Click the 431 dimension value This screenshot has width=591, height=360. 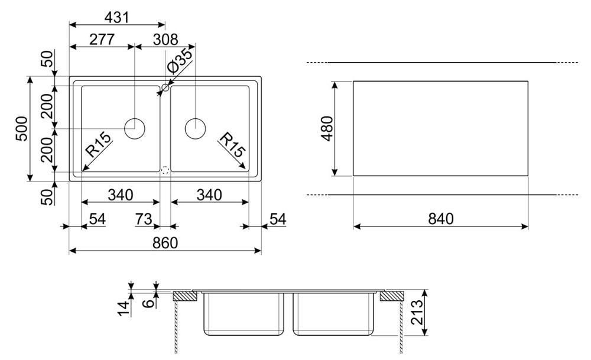tap(116, 17)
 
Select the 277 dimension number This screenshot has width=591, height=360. tap(102, 39)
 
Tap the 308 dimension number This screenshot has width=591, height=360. tap(165, 39)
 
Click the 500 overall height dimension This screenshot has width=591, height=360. tap(22, 129)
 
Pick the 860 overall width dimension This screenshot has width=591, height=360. tap(165, 243)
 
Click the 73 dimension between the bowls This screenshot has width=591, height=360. tap(143, 219)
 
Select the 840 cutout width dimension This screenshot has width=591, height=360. tap(441, 219)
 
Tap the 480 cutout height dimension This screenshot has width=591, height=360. tap(327, 128)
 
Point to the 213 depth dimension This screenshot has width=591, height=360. tap(417, 313)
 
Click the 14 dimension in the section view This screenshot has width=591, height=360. tap(124, 307)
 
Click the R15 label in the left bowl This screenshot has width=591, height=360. tap(98, 144)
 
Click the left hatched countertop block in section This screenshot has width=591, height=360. tap(185, 296)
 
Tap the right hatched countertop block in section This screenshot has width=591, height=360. tap(392, 296)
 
